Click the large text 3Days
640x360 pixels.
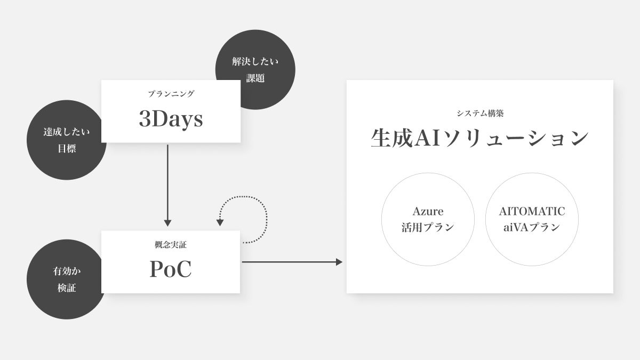171,119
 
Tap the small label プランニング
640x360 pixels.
171,94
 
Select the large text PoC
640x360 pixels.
171,270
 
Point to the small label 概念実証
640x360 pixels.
171,245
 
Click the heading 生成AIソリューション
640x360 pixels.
479,138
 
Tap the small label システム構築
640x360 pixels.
479,113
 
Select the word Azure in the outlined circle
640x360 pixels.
428,211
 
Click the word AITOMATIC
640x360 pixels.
532,211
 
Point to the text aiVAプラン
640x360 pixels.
532,227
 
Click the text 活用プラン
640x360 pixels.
428,227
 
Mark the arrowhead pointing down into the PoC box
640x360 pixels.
167,223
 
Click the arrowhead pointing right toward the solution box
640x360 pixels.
339,262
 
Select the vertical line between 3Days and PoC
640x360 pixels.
167,181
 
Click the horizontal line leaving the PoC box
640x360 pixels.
288,262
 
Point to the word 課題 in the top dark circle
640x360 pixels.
255,78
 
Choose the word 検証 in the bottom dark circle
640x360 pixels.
67,288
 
